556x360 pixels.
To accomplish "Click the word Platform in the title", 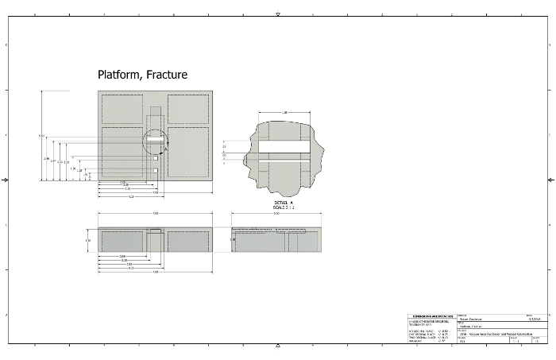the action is pos(119,75).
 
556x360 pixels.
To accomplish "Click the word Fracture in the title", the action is pos(167,75).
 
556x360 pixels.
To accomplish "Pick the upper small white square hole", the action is pos(156,159).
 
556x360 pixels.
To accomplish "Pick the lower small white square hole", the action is pos(156,170).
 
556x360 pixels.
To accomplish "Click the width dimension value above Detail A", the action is pos(284,113).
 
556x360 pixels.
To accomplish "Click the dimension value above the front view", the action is pos(155,214).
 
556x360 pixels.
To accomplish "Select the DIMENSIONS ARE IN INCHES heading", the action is pos(427,315).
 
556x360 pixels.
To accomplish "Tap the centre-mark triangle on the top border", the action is pos(278,14).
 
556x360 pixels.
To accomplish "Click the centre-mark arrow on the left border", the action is pos(6,180).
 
